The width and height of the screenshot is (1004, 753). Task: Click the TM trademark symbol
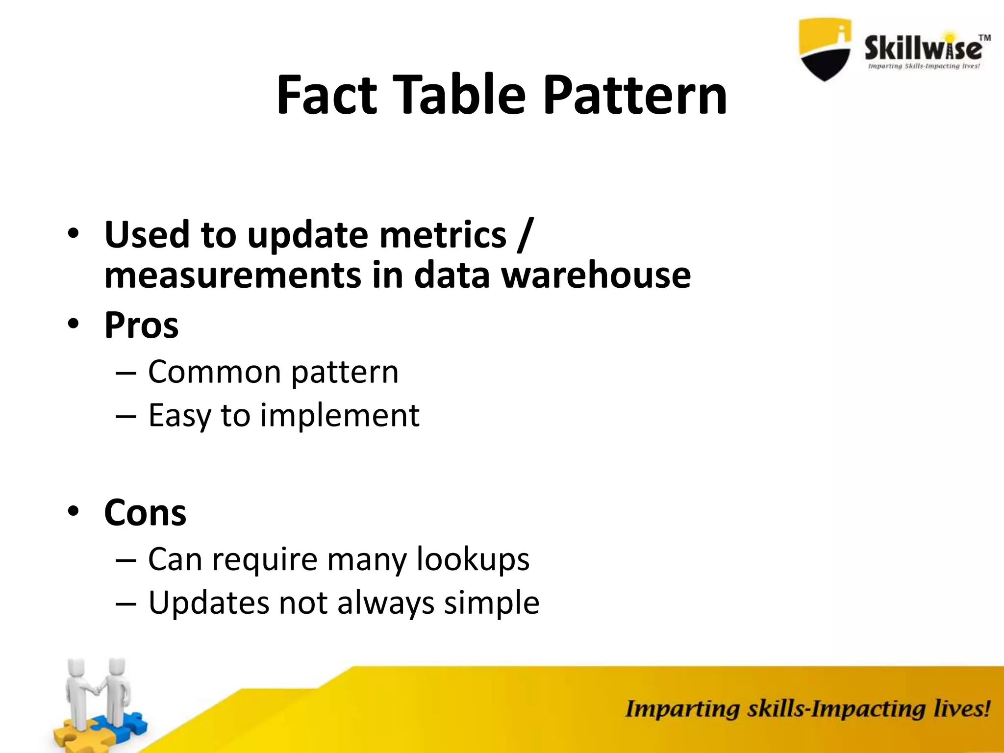(x=984, y=38)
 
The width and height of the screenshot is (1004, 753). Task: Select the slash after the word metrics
(x=524, y=234)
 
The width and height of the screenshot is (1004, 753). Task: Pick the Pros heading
(x=141, y=325)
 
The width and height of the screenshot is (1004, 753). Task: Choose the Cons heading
(x=145, y=513)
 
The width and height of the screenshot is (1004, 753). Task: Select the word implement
(x=339, y=416)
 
